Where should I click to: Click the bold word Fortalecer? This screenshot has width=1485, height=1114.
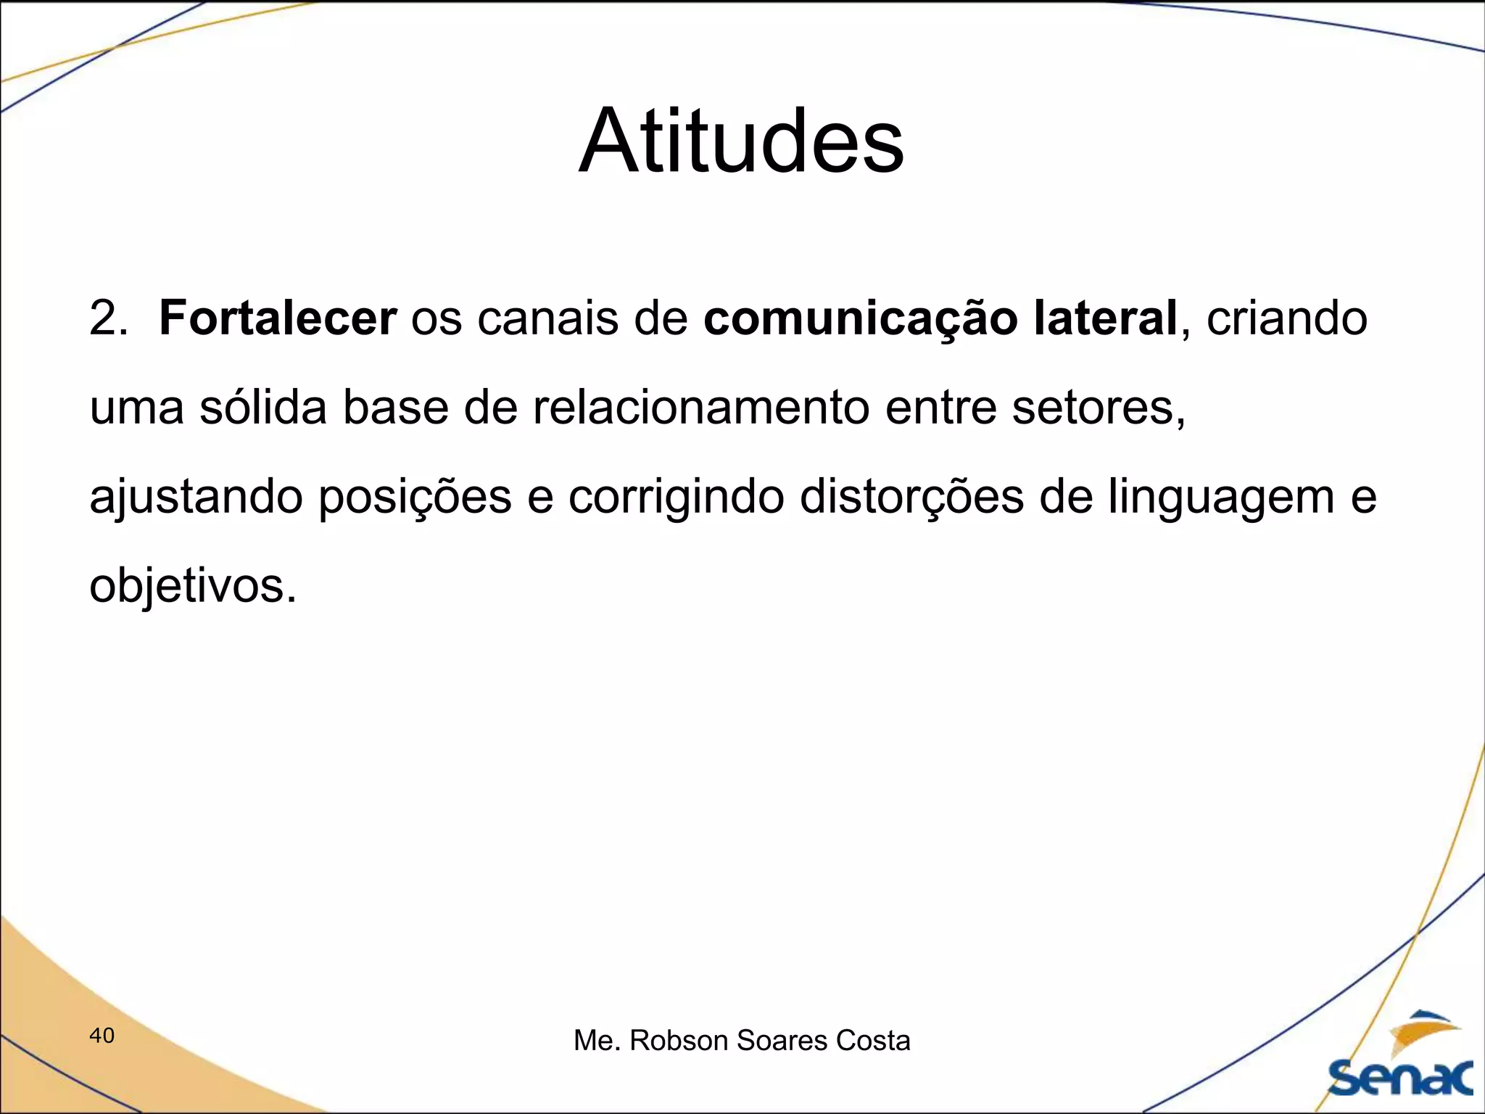coord(278,318)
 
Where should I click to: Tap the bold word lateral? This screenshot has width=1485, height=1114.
coord(1104,318)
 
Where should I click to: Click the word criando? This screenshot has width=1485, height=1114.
coord(1287,318)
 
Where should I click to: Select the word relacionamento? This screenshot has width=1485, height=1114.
coord(700,408)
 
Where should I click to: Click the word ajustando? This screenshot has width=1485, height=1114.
coord(196,498)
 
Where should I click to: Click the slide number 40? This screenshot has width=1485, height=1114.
coord(102,1036)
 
